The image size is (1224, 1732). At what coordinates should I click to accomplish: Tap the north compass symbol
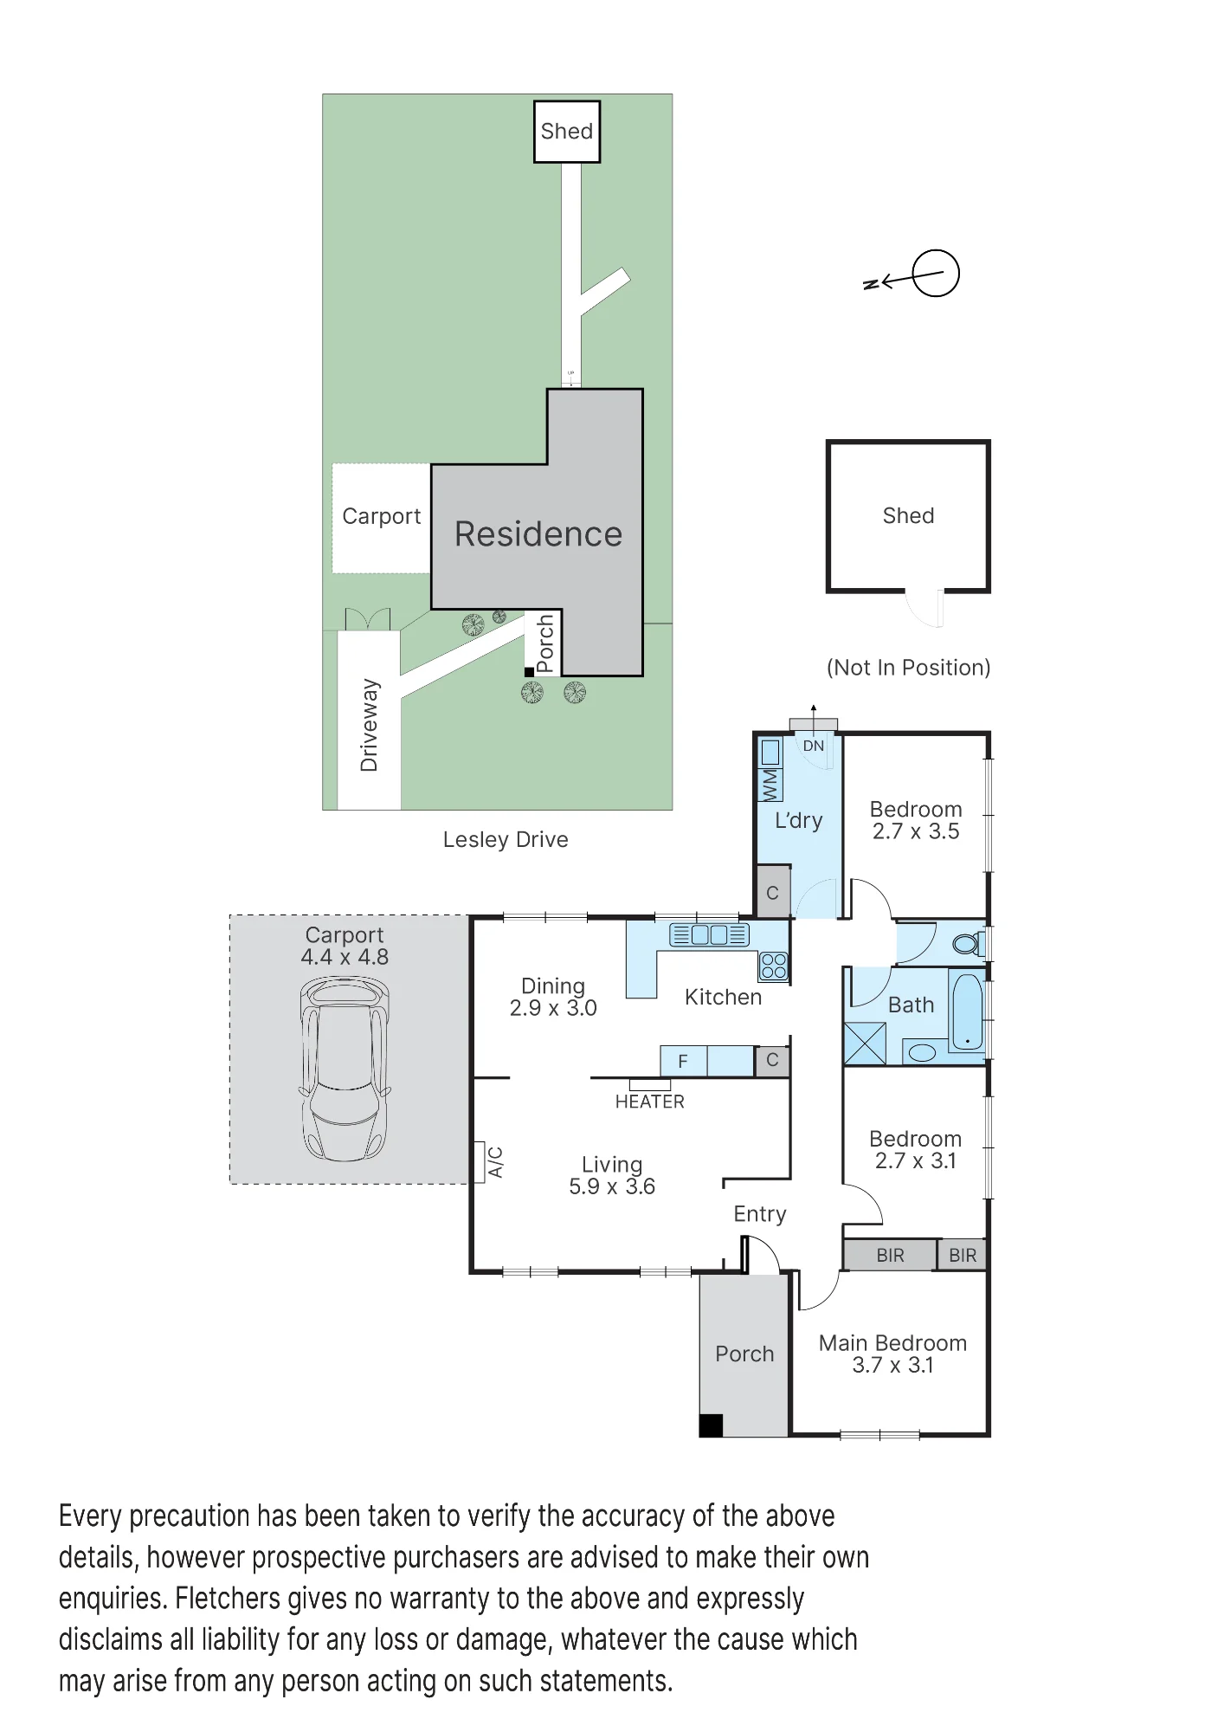[x=913, y=275]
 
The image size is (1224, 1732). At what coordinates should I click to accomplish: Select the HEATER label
[x=649, y=1102]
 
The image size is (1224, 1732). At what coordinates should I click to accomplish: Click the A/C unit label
[x=495, y=1162]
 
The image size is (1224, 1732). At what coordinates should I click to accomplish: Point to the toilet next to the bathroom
[x=967, y=943]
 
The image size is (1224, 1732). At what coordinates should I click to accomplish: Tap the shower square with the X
[x=865, y=1044]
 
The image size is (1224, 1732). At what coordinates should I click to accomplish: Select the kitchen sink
[x=709, y=934]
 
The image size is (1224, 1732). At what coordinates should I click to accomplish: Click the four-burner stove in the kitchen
[x=774, y=966]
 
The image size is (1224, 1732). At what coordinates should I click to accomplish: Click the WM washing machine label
[x=770, y=785]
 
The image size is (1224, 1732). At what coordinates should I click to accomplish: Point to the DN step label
[x=814, y=746]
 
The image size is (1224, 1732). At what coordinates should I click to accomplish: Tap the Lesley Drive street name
[x=506, y=839]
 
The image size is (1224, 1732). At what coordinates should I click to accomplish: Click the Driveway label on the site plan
[x=370, y=725]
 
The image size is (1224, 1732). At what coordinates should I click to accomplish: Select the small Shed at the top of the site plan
[x=567, y=132]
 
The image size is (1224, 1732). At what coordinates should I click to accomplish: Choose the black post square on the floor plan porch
[x=711, y=1425]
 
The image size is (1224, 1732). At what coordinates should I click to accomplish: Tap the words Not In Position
[x=908, y=668]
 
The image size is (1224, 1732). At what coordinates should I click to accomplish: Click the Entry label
[x=760, y=1215]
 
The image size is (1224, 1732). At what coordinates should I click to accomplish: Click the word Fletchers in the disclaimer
[x=228, y=1598]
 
